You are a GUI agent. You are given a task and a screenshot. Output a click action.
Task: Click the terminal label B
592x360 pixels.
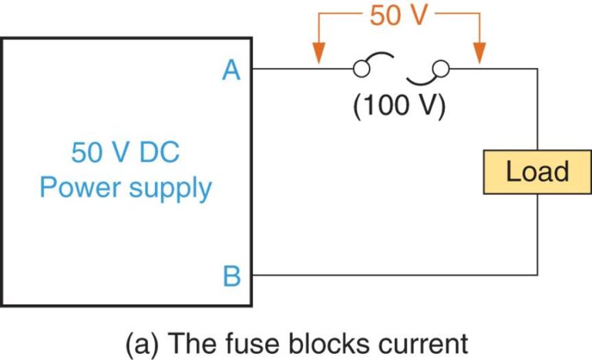pyautogui.click(x=231, y=275)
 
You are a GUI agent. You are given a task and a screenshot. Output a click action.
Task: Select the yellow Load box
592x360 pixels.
pyautogui.click(x=536, y=172)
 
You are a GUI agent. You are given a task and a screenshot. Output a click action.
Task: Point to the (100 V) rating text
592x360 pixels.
pyautogui.click(x=399, y=106)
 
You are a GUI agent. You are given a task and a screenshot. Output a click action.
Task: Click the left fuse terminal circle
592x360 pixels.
pyautogui.click(x=359, y=69)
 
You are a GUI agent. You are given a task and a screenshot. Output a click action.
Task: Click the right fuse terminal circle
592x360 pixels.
pyautogui.click(x=441, y=69)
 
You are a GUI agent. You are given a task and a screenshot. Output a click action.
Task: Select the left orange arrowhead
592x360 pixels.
pyautogui.click(x=316, y=56)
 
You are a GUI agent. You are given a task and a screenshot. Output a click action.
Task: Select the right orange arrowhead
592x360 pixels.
pyautogui.click(x=479, y=56)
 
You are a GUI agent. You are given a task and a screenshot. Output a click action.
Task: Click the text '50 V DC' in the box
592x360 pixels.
pyautogui.click(x=126, y=152)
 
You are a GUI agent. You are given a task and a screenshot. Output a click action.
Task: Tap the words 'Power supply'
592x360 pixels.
pyautogui.click(x=126, y=187)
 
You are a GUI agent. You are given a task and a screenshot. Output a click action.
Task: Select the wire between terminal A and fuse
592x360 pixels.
pyautogui.click(x=301, y=69)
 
